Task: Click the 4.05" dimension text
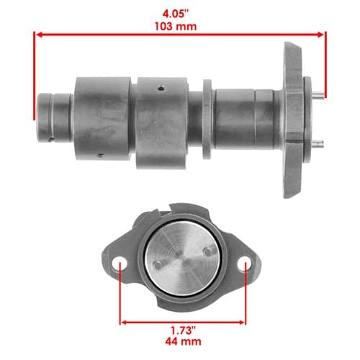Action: coord(176,14)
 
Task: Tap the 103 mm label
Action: coord(176,26)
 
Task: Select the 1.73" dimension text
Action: coord(183,330)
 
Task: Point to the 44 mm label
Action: coord(183,341)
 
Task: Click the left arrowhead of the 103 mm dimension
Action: coord(40,35)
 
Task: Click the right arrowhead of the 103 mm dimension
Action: coord(320,35)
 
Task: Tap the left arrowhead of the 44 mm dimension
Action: coord(124,322)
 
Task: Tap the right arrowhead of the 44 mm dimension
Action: coord(242,322)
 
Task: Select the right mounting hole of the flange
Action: coord(243,263)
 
